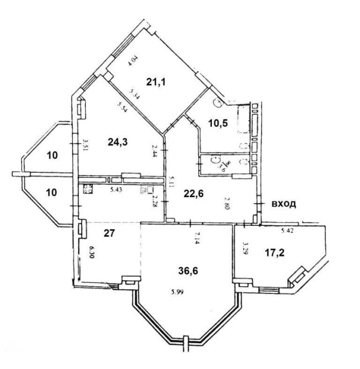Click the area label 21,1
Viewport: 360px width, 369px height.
(x=156, y=82)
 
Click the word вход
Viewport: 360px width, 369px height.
(x=284, y=204)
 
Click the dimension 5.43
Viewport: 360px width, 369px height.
(x=116, y=190)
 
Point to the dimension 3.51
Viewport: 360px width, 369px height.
(x=85, y=145)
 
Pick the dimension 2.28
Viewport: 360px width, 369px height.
(x=155, y=202)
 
